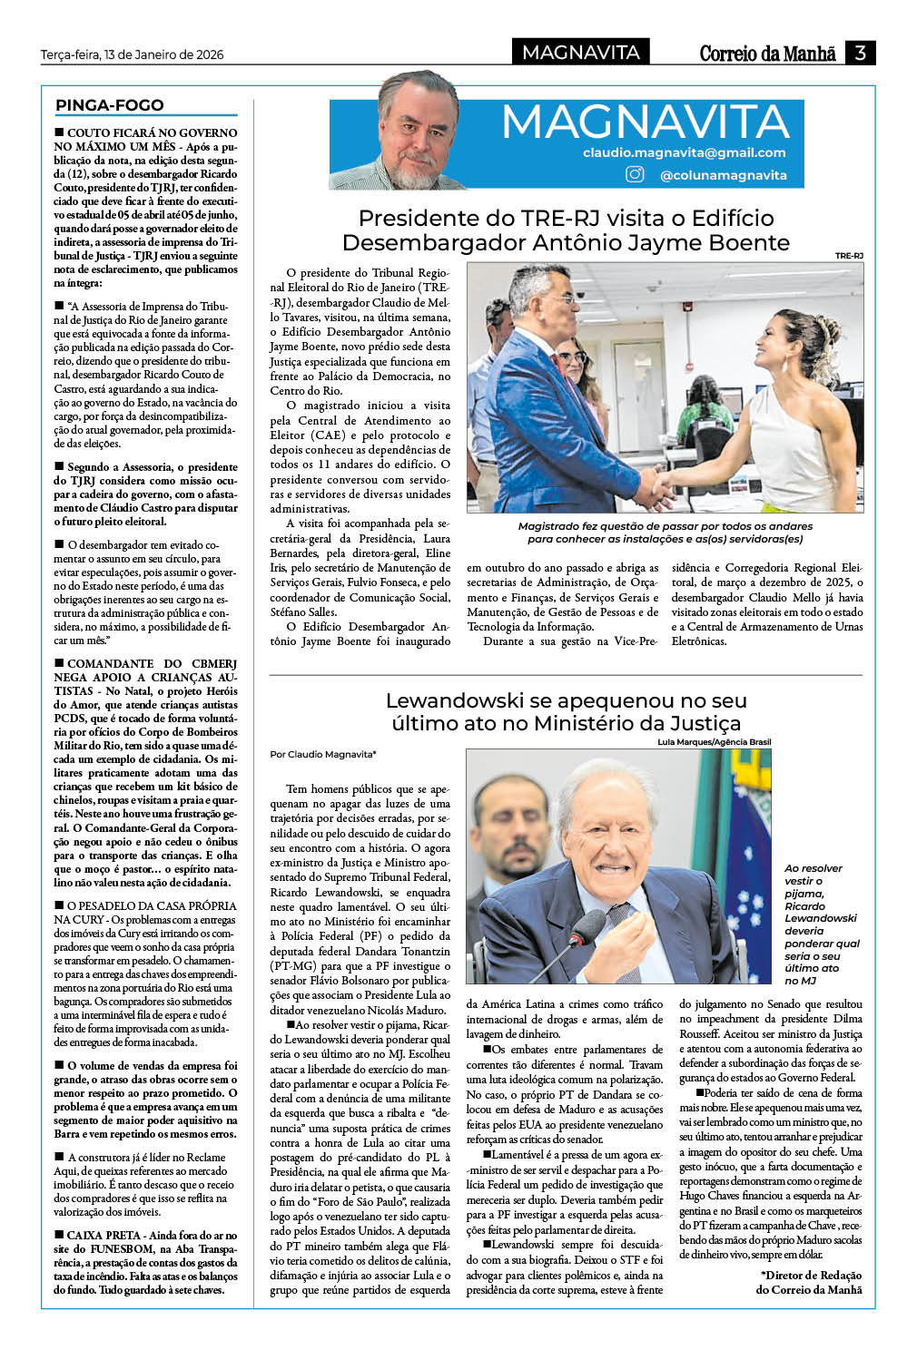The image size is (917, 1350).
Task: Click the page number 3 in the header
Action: (x=860, y=53)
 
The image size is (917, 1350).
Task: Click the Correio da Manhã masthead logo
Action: (x=767, y=54)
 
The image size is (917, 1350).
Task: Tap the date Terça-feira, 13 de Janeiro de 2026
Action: (x=132, y=54)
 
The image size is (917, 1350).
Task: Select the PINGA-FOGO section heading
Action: (x=110, y=105)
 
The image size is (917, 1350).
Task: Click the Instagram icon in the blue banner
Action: (x=636, y=174)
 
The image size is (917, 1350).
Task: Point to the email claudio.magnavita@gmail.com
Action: (x=684, y=152)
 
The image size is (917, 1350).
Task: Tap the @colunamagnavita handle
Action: (x=723, y=175)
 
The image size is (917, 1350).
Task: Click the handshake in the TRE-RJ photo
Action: (x=665, y=482)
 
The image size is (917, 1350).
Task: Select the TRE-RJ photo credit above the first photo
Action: (x=849, y=256)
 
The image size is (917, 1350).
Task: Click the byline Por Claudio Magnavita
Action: (x=322, y=754)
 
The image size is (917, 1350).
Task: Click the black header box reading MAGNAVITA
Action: (x=581, y=53)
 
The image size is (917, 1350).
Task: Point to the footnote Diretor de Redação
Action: (x=811, y=1275)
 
